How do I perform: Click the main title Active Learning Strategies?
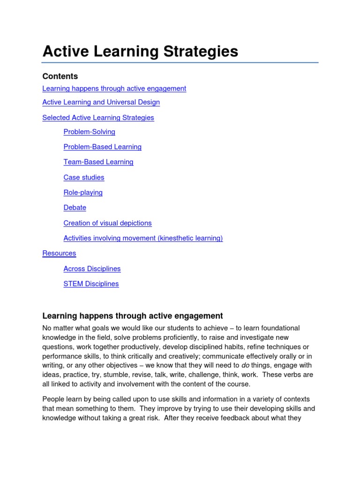pos(140,52)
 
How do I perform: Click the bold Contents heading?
pos(60,76)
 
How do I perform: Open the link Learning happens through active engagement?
pos(114,89)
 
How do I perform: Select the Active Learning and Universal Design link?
pos(101,102)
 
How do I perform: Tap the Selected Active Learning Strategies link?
pos(98,118)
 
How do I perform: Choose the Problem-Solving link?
pos(89,132)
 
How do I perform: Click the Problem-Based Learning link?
pos(102,147)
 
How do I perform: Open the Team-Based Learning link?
pos(98,162)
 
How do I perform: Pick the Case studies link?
pos(84,177)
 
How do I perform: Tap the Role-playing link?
pos(83,193)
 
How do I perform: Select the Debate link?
pos(75,208)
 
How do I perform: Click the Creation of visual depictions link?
pos(107,223)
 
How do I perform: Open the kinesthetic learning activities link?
pos(143,238)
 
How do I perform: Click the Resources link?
pos(59,253)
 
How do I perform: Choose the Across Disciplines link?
pos(92,269)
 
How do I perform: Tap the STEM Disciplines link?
pos(91,284)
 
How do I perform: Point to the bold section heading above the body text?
pos(133,316)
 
